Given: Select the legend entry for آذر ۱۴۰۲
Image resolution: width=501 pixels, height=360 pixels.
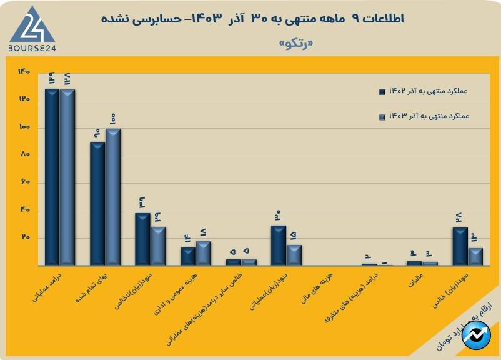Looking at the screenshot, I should (425, 91).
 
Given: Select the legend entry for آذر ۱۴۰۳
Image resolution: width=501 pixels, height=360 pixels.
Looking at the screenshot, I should (425, 116).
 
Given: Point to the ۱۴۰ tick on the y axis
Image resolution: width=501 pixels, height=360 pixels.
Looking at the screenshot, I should (24, 72).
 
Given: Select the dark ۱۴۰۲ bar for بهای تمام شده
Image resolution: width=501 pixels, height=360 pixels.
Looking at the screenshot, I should (97, 204).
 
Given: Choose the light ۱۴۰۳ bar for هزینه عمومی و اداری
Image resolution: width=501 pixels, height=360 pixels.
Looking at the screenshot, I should (203, 253).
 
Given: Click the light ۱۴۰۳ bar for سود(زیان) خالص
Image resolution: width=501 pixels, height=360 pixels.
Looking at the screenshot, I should (475, 257).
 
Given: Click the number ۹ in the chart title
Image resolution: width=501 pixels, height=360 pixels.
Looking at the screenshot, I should (356, 19).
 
